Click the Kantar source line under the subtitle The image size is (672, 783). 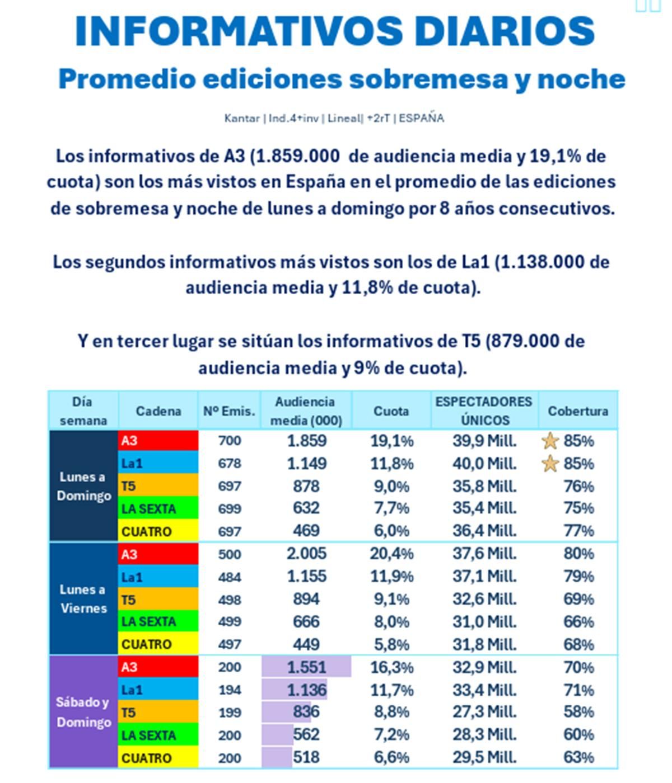(334, 118)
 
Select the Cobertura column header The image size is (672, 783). (577, 411)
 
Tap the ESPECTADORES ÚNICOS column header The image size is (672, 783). (484, 411)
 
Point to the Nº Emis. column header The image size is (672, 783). (229, 411)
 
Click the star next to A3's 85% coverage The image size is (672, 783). (550, 441)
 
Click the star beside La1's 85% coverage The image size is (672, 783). (550, 464)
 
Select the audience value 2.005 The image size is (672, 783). (306, 554)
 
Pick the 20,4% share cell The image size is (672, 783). (391, 554)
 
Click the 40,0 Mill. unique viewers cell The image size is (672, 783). (484, 464)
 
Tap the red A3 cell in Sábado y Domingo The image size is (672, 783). (158, 667)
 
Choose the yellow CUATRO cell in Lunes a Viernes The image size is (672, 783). (158, 644)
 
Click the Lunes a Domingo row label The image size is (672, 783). (83, 486)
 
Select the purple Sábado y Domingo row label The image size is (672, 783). (83, 712)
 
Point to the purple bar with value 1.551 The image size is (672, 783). (306, 667)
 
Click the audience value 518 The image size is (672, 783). (306, 757)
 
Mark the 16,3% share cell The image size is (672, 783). (391, 667)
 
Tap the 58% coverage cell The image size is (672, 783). (578, 712)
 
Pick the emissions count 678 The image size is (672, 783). (229, 464)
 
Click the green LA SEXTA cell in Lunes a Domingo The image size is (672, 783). (158, 508)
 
